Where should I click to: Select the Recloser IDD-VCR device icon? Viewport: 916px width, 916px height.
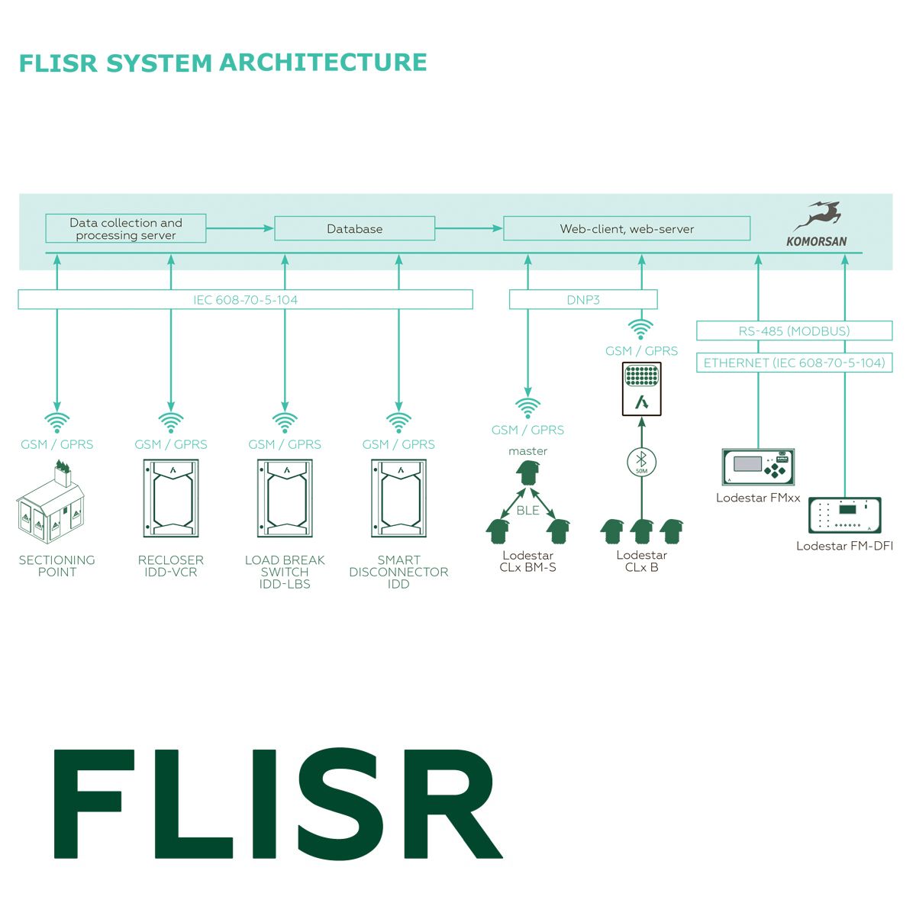[171, 498]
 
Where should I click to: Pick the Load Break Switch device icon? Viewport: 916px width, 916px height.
[285, 498]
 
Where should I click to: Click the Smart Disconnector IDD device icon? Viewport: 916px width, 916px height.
[398, 498]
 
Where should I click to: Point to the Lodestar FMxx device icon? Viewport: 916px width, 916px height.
[758, 467]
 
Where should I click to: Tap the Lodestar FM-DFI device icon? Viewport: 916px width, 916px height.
[845, 515]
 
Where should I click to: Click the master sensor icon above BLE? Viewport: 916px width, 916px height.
[527, 473]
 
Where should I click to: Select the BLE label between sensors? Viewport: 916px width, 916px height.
[527, 511]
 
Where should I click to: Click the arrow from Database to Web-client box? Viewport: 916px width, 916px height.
[469, 229]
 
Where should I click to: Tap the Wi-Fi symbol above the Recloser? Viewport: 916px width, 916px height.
[171, 423]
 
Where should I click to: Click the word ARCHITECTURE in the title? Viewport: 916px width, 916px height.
[323, 63]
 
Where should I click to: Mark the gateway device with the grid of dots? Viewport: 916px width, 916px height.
[641, 389]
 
